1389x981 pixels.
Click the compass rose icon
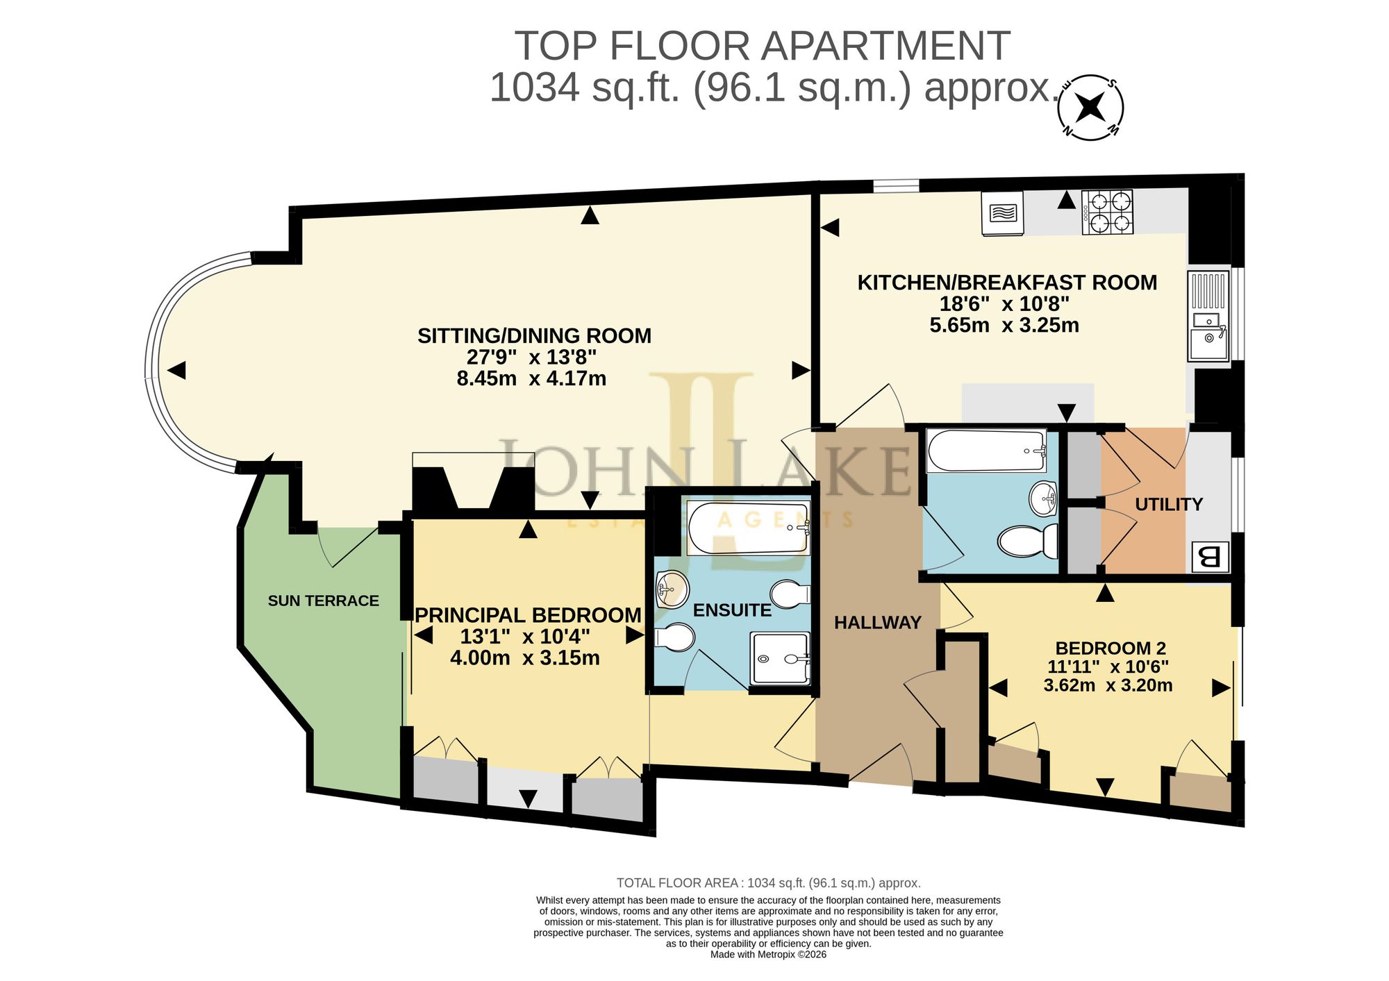(1091, 107)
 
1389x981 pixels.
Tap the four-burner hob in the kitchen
(1107, 212)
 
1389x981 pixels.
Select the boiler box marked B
(1210, 557)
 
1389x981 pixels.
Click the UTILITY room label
(1169, 505)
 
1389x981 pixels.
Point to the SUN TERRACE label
(324, 601)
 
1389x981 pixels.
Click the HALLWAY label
(878, 623)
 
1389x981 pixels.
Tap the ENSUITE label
(732, 610)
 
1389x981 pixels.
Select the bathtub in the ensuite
(748, 528)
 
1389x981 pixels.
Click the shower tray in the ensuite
(780, 657)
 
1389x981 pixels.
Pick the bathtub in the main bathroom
(987, 451)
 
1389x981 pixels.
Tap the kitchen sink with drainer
(1208, 316)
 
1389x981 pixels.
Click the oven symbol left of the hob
(1003, 213)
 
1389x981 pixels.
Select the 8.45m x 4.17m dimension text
(531, 378)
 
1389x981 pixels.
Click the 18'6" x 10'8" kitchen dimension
(1004, 303)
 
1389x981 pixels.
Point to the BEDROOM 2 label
(1111, 648)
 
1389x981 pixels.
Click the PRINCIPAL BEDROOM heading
(528, 615)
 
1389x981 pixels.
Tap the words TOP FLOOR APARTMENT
(762, 46)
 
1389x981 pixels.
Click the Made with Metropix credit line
(768, 955)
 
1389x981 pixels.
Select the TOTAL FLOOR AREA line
(769, 883)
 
